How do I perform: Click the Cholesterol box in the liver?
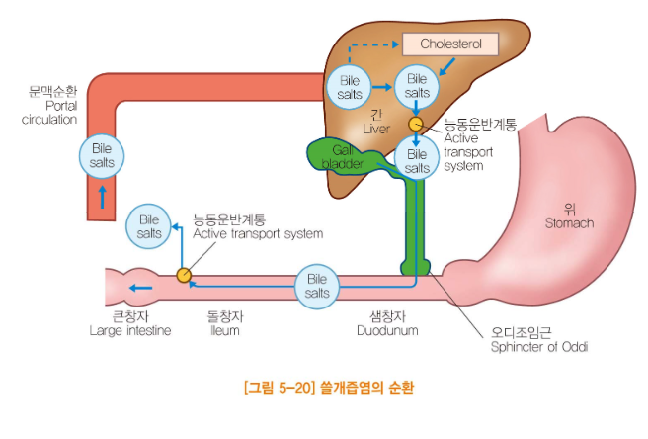pyautogui.click(x=449, y=44)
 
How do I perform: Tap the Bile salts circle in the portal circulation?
pyautogui.click(x=101, y=156)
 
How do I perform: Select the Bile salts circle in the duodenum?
pyautogui.click(x=317, y=288)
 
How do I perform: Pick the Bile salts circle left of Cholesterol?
pyautogui.click(x=350, y=86)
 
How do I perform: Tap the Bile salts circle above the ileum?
pyautogui.click(x=150, y=226)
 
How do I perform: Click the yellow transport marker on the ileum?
pyautogui.click(x=183, y=276)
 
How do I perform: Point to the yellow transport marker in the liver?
pyautogui.click(x=416, y=125)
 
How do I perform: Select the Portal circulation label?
pyautogui.click(x=48, y=106)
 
